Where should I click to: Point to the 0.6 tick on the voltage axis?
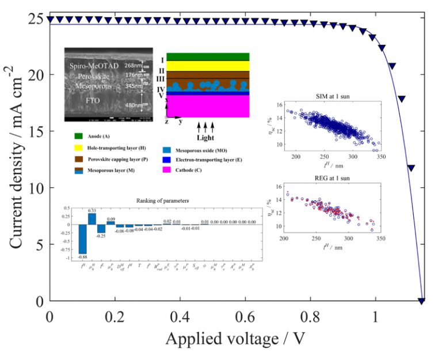tap(246, 317)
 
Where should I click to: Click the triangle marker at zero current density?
tap(421, 301)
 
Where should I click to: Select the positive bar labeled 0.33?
tap(92, 219)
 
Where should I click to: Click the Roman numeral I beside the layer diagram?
tap(162, 59)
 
